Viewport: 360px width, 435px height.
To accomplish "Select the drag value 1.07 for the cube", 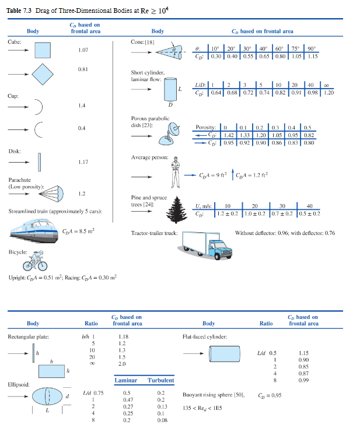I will click(83, 51).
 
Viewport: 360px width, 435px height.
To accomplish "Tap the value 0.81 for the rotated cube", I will click(83, 70).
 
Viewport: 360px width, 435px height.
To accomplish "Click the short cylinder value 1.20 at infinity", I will click(329, 92).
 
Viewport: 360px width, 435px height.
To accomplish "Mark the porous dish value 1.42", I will click(229, 134).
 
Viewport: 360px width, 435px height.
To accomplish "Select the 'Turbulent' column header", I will click(161, 380).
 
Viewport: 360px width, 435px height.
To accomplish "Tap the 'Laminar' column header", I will click(125, 380).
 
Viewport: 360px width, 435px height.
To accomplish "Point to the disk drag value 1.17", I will click(83, 162).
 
